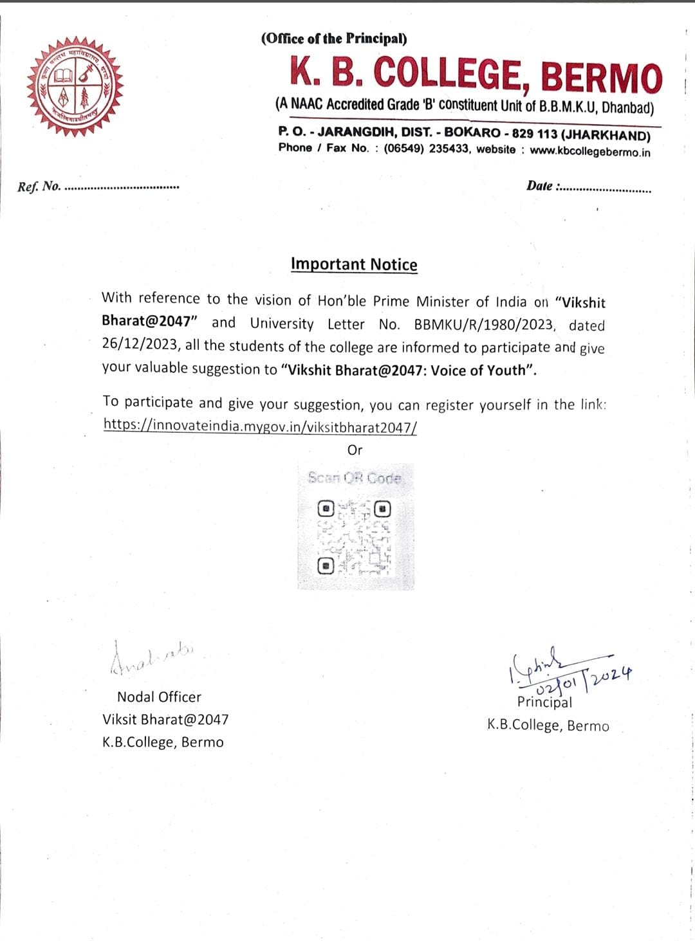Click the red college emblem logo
[75, 86]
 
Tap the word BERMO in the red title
[601, 77]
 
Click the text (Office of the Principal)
[334, 39]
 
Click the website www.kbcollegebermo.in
[590, 152]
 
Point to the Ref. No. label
[39, 187]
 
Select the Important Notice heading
[354, 264]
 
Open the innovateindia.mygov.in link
[260, 426]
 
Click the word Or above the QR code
[355, 450]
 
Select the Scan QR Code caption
[355, 478]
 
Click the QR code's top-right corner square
[383, 509]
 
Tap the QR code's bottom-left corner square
[326, 566]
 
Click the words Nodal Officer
[159, 697]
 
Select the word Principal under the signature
[544, 702]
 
